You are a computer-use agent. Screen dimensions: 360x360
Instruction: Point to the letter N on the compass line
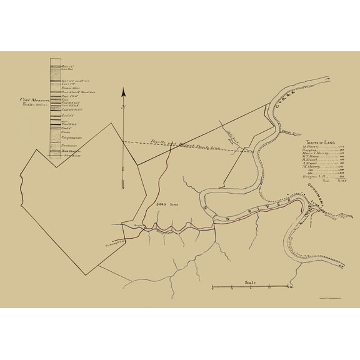[x=124, y=107]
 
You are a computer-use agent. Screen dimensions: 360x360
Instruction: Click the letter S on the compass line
[x=124, y=167]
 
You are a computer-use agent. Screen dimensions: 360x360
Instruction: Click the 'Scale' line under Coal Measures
[x=36, y=104]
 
